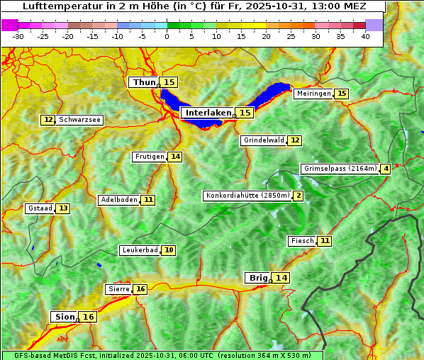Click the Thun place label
click(x=144, y=83)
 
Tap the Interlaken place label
click(x=208, y=113)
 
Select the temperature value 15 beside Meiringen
click(x=342, y=94)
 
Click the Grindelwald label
click(x=264, y=140)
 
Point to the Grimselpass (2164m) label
click(x=340, y=169)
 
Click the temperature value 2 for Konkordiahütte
click(x=299, y=196)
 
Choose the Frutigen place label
click(x=149, y=157)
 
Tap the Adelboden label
click(x=118, y=200)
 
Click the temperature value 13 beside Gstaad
click(x=63, y=208)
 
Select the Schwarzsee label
click(x=79, y=120)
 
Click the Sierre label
click(x=118, y=289)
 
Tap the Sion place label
click(x=64, y=317)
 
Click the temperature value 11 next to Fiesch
click(x=324, y=241)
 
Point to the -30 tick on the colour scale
click(x=18, y=36)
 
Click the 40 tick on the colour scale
click(x=365, y=36)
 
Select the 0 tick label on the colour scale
click(x=167, y=36)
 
